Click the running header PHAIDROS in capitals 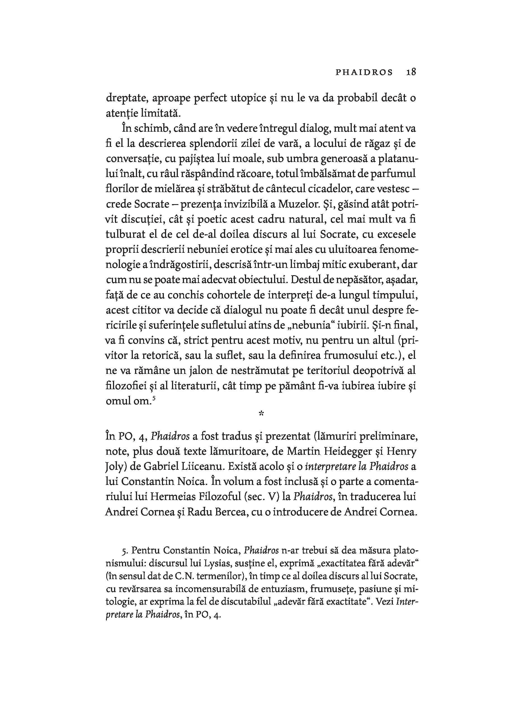coord(364,72)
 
